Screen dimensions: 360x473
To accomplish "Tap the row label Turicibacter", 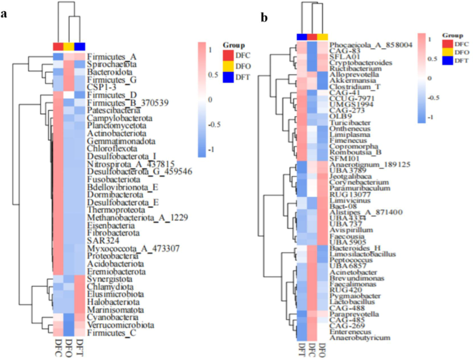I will tap(351, 122).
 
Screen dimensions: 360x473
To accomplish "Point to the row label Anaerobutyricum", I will tap(358, 339).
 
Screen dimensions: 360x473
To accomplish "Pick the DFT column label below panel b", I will tap(301, 352).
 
